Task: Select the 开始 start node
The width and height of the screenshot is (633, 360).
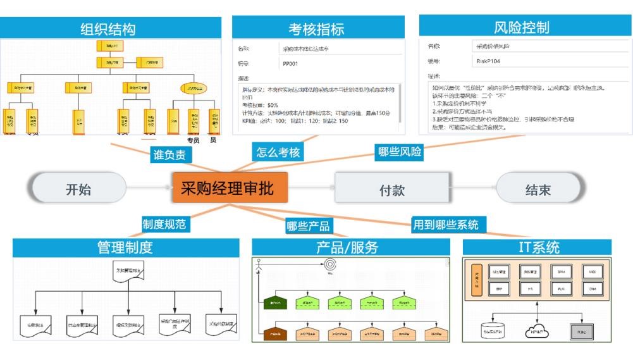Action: point(78,189)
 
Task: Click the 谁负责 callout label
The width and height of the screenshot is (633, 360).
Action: point(172,154)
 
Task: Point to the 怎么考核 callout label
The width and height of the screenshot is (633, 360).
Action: point(278,152)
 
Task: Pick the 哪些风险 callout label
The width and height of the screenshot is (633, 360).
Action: point(400,152)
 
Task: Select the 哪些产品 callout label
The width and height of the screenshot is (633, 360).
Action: point(308,227)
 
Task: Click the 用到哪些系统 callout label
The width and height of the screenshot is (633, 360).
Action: point(446,224)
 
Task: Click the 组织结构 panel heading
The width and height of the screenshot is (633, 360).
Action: point(108,28)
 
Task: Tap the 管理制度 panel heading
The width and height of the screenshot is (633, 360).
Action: point(125,247)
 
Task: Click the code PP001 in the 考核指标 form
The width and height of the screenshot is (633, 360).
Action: point(292,63)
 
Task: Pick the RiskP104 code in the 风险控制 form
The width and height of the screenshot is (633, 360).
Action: point(488,61)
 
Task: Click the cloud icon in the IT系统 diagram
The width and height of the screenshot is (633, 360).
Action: point(536,330)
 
